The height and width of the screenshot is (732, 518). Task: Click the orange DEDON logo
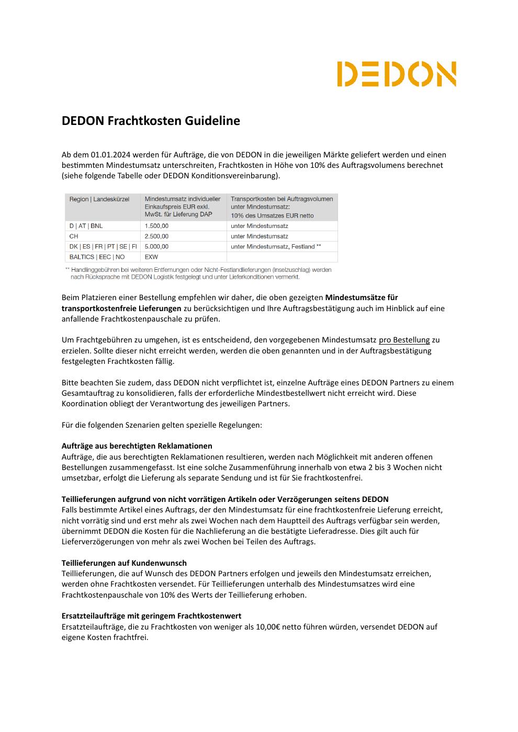click(x=396, y=74)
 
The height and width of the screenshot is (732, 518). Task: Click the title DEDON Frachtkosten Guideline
click(x=151, y=121)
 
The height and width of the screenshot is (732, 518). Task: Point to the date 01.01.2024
click(x=110, y=155)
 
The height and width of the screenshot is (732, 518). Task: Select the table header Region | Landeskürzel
click(x=99, y=199)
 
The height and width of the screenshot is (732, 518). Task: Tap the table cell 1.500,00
click(x=156, y=226)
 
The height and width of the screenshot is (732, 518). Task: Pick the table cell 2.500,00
click(x=156, y=236)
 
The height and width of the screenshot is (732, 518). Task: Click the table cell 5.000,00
click(x=156, y=246)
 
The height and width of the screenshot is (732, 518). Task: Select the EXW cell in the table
click(x=151, y=257)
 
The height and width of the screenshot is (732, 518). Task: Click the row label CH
click(x=74, y=236)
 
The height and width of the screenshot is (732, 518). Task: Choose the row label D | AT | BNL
click(x=86, y=226)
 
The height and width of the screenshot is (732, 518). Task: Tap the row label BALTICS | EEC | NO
click(x=97, y=257)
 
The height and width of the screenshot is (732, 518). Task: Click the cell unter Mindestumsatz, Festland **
click(x=276, y=246)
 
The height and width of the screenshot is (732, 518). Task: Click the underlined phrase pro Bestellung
click(x=404, y=340)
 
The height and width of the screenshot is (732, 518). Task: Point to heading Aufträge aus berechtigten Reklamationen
click(x=137, y=446)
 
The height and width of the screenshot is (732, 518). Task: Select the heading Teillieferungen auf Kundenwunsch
click(x=124, y=563)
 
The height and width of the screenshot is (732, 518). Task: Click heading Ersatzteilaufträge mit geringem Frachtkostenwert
click(x=151, y=616)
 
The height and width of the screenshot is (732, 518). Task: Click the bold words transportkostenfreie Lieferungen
click(x=121, y=308)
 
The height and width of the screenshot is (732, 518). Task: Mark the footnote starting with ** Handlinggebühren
click(x=198, y=273)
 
